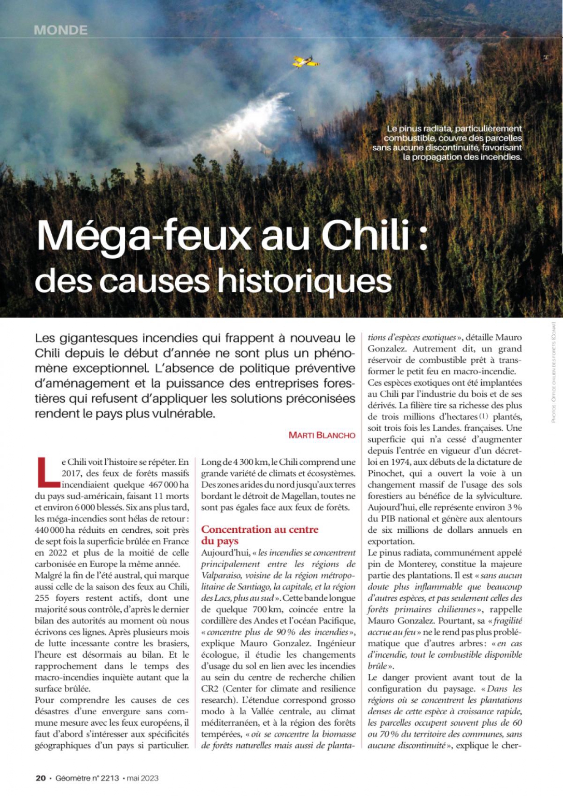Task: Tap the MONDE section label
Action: [x=60, y=30]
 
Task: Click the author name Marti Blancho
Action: [x=322, y=435]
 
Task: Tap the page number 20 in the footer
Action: [x=40, y=778]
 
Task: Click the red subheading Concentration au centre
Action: [x=260, y=529]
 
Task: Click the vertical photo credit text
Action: [x=553, y=372]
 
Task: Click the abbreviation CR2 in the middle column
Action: [x=210, y=688]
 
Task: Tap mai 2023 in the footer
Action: [x=143, y=778]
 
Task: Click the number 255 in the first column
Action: [x=44, y=598]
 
